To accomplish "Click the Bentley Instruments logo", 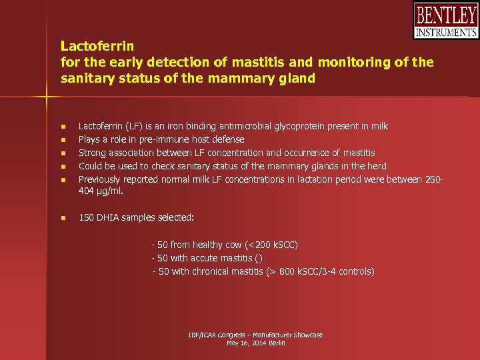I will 446,21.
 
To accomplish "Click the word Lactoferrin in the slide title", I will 97,46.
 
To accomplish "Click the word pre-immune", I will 155,139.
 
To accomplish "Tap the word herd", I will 377,166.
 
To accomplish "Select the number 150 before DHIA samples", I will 86,218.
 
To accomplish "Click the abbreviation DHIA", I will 109,218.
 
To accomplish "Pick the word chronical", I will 212,271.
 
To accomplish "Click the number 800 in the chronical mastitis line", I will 286,271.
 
